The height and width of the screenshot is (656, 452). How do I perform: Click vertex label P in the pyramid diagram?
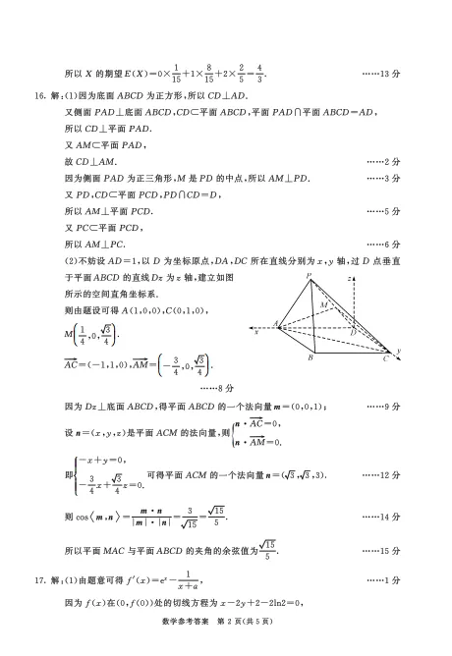(x=309, y=277)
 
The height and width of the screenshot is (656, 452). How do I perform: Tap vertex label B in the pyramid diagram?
(x=310, y=358)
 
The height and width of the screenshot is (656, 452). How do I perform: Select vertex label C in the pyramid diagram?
(x=386, y=360)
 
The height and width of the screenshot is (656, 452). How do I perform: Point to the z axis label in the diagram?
(x=350, y=279)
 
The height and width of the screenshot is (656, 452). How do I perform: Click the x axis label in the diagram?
(x=255, y=331)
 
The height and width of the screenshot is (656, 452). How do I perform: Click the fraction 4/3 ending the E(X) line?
(x=259, y=73)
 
